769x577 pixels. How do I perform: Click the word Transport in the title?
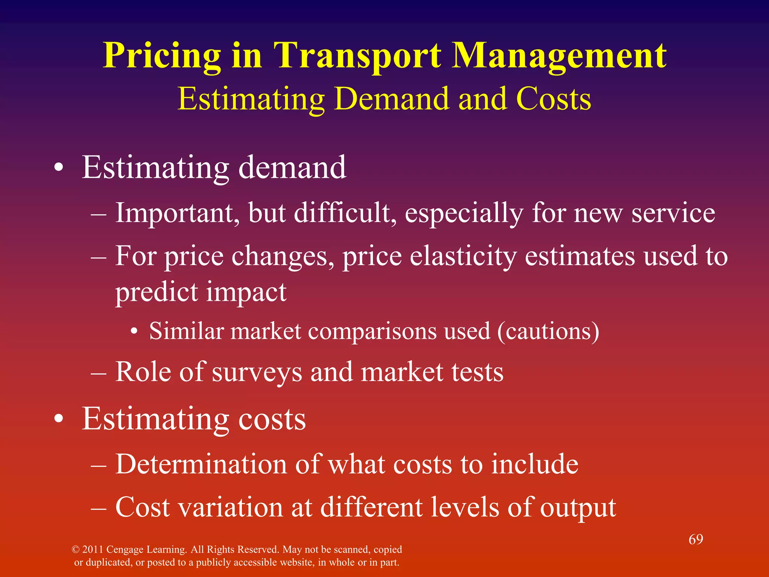(x=357, y=56)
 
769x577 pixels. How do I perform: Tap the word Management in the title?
(x=559, y=56)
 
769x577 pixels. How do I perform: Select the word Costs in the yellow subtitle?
(x=553, y=99)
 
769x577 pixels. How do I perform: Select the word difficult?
(x=345, y=213)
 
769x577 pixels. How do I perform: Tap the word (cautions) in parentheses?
(x=548, y=331)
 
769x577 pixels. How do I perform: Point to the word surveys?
(x=257, y=373)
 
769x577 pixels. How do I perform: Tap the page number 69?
(x=695, y=539)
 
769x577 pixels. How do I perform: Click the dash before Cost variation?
(x=98, y=508)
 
